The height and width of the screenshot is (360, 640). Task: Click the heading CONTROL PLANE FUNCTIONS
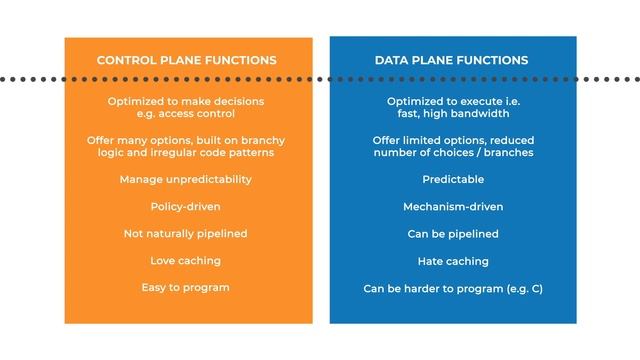tap(186, 60)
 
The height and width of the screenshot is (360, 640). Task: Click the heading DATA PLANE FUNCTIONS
tap(453, 60)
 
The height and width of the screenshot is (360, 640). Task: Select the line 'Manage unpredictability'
tap(185, 179)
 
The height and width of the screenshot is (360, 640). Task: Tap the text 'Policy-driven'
tap(185, 206)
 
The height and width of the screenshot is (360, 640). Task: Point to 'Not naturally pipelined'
tap(185, 233)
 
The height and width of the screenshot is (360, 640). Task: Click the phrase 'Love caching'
tap(185, 260)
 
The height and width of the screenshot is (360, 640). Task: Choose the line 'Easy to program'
tap(185, 287)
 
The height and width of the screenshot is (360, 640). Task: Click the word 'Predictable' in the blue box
tap(453, 179)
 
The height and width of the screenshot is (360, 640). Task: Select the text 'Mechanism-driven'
tap(453, 206)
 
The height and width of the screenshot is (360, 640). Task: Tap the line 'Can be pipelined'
tap(453, 233)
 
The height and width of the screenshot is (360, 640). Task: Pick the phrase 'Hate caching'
tap(453, 260)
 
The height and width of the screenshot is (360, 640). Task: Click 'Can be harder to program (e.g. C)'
tap(453, 287)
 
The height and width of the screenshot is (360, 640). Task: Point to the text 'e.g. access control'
tap(185, 113)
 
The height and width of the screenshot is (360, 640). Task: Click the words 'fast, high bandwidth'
tap(453, 113)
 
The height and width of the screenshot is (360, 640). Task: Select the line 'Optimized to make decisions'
tap(185, 101)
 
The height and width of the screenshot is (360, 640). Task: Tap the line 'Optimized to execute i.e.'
tap(453, 101)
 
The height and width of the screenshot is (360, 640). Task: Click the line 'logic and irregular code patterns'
tap(185, 152)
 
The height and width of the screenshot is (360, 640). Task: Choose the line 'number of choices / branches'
tap(453, 152)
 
